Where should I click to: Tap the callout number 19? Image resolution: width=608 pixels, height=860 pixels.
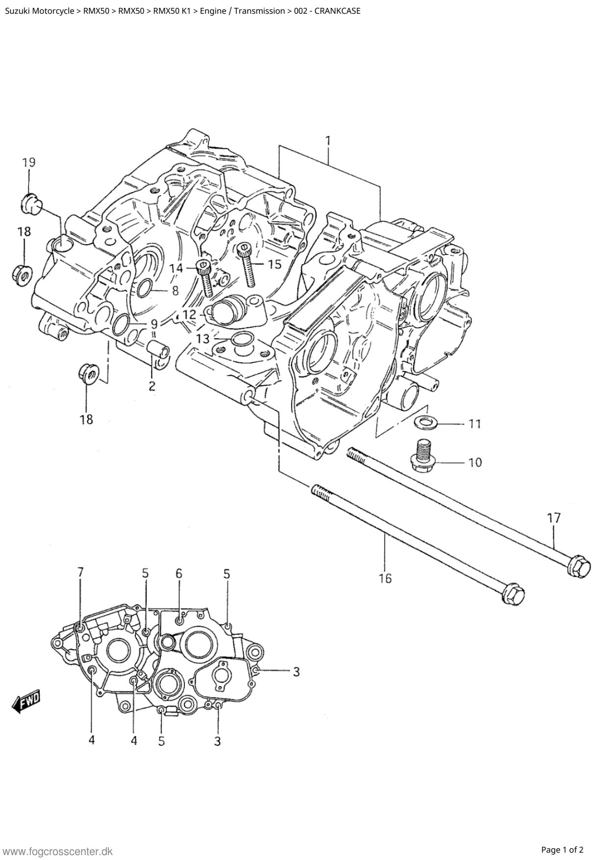click(x=28, y=163)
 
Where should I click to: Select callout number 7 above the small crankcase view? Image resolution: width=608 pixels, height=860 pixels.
click(x=80, y=572)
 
